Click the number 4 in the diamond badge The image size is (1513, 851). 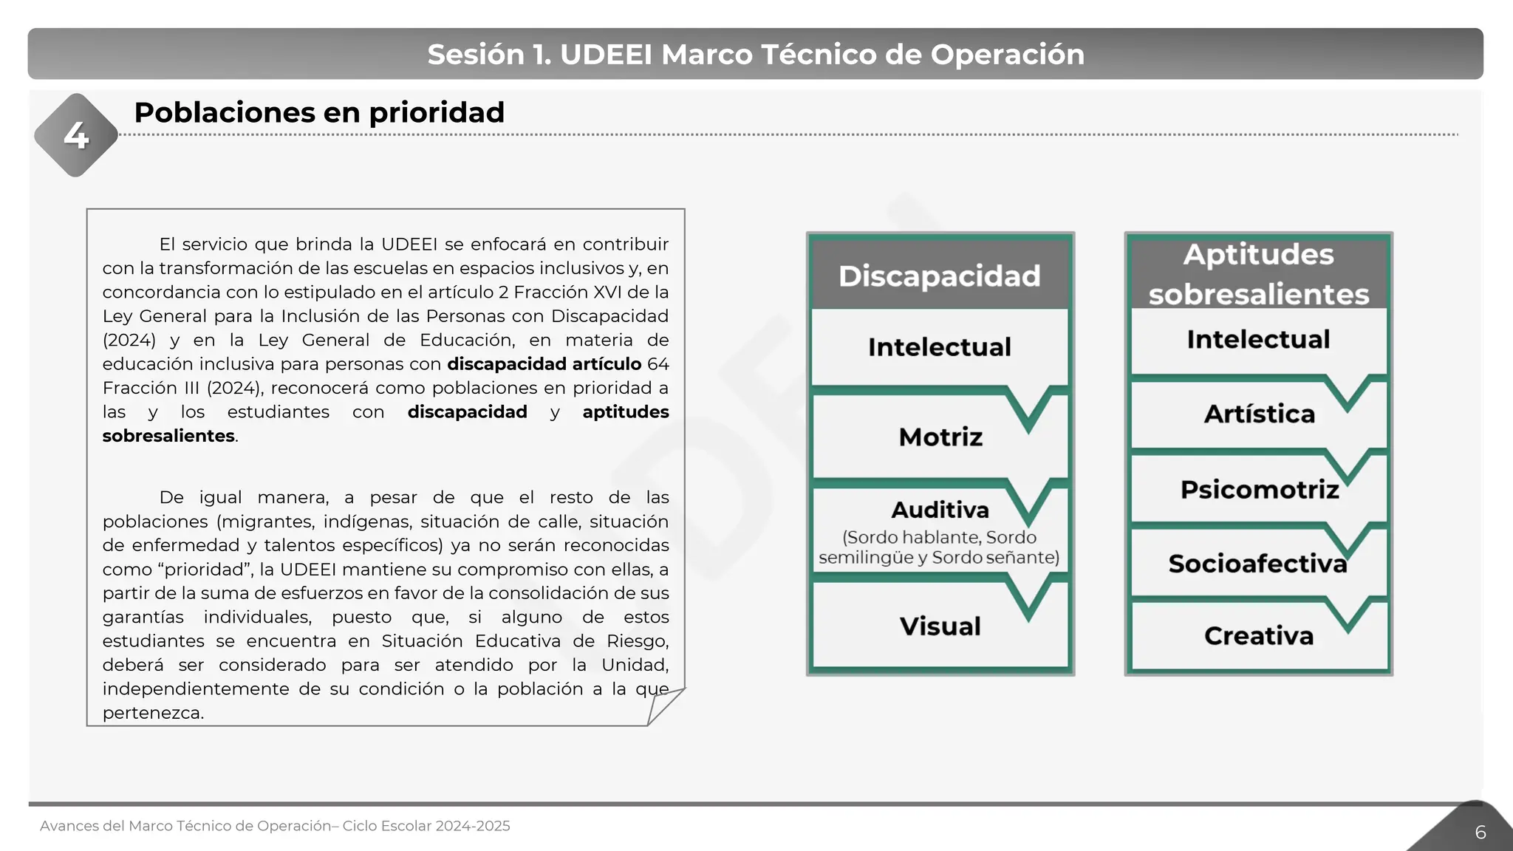tap(76, 135)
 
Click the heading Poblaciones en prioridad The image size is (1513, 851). tap(319, 113)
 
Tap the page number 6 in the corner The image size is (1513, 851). tap(1480, 833)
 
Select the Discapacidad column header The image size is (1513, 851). tap(939, 276)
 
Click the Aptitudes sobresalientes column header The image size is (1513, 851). tap(1258, 274)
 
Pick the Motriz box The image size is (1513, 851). tap(940, 437)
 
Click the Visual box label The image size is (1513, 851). tap(940, 626)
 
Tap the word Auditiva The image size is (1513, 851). tap(940, 510)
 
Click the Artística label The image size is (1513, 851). tap(1259, 414)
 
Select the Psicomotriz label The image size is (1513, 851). tap(1259, 489)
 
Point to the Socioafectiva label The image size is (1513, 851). tap(1257, 564)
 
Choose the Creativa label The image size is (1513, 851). tap(1258, 635)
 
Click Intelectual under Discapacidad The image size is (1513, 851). tap(939, 347)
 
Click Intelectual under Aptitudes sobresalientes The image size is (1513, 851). tap(1258, 339)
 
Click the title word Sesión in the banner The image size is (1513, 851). tap(475, 55)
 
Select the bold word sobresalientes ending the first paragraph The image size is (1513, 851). tap(168, 436)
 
